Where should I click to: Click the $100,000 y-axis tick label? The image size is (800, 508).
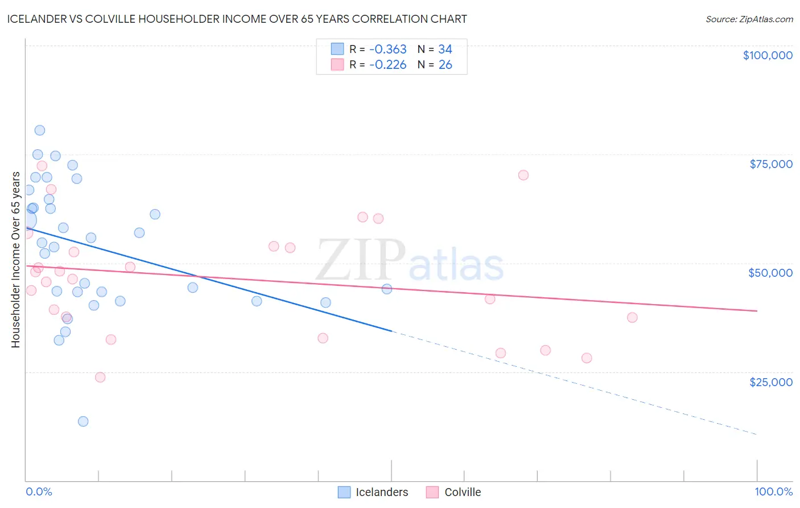tap(768, 55)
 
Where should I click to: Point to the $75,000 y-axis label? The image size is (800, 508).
tap(771, 164)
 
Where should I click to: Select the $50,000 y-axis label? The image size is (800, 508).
tap(770, 273)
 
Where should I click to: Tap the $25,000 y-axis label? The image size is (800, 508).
tap(771, 382)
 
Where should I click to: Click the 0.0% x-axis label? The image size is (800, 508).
tap(39, 491)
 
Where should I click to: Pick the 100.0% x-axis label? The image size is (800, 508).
tap(773, 491)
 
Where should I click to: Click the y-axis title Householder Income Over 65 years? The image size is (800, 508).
tap(15, 260)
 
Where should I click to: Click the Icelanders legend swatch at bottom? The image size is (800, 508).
tap(344, 492)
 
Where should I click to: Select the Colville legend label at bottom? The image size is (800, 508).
tap(463, 492)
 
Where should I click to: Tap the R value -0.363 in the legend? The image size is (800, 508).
tap(387, 50)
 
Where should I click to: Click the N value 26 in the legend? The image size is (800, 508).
tap(446, 65)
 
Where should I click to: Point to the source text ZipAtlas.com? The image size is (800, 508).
tap(749, 19)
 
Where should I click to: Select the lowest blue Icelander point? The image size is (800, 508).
tap(83, 421)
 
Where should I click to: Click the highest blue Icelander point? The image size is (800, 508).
tap(40, 130)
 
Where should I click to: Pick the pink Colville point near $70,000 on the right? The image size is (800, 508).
tap(523, 175)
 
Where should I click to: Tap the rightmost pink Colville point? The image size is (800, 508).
tap(632, 317)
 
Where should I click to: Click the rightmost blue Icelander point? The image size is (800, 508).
tap(387, 289)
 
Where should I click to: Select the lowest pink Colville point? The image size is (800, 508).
tap(100, 377)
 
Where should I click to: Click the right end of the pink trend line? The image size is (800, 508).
tap(757, 311)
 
